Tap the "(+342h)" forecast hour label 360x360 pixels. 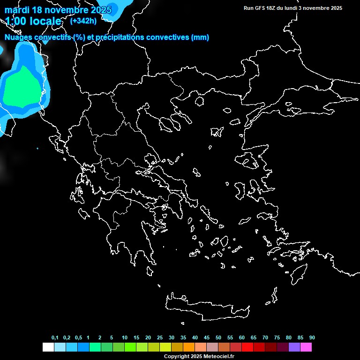[83, 21]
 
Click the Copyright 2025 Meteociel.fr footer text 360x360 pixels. [199, 356]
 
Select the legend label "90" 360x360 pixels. [312, 338]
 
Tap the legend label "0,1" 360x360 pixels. [55, 338]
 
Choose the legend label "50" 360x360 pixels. [218, 338]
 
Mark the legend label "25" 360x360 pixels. [160, 338]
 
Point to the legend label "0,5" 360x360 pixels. [78, 338]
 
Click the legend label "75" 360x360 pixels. [277, 338]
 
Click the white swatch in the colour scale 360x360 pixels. [48, 347]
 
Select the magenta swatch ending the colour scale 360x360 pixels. [306, 347]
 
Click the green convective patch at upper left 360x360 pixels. [21, 87]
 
